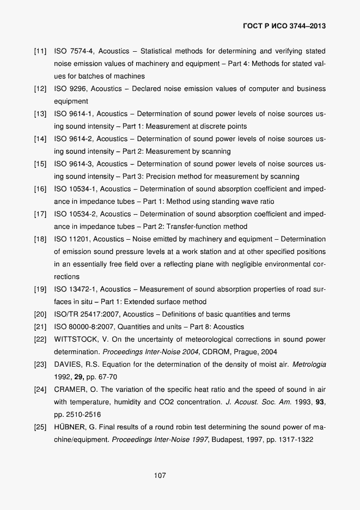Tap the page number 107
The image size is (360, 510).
coord(160,476)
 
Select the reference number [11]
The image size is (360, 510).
coord(40,51)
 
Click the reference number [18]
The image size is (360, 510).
coord(40,239)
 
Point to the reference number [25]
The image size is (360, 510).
coord(40,427)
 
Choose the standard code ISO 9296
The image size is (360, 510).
coord(71,89)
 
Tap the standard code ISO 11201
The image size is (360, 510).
coord(73,239)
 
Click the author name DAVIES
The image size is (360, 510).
coord(69,365)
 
